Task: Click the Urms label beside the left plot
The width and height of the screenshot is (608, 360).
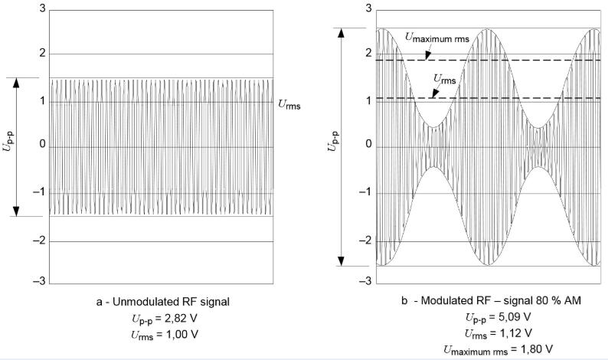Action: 289,106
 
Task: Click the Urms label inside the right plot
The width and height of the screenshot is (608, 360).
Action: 442,78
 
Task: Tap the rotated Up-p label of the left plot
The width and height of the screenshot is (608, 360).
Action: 9,146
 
